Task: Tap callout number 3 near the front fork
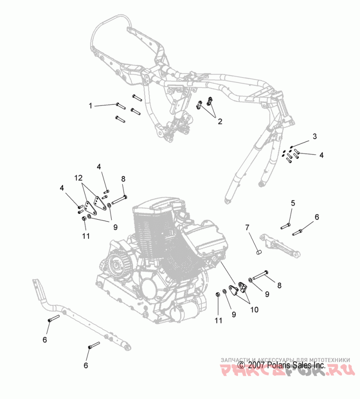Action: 315,136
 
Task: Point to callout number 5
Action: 292,204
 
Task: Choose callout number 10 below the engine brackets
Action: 254,310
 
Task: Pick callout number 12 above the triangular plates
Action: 79,178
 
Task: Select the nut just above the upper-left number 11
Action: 84,219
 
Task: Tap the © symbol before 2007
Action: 241,366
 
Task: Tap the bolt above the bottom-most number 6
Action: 92,347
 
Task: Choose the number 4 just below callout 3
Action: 321,155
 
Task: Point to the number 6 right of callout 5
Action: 316,217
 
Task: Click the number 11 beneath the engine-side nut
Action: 219,321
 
